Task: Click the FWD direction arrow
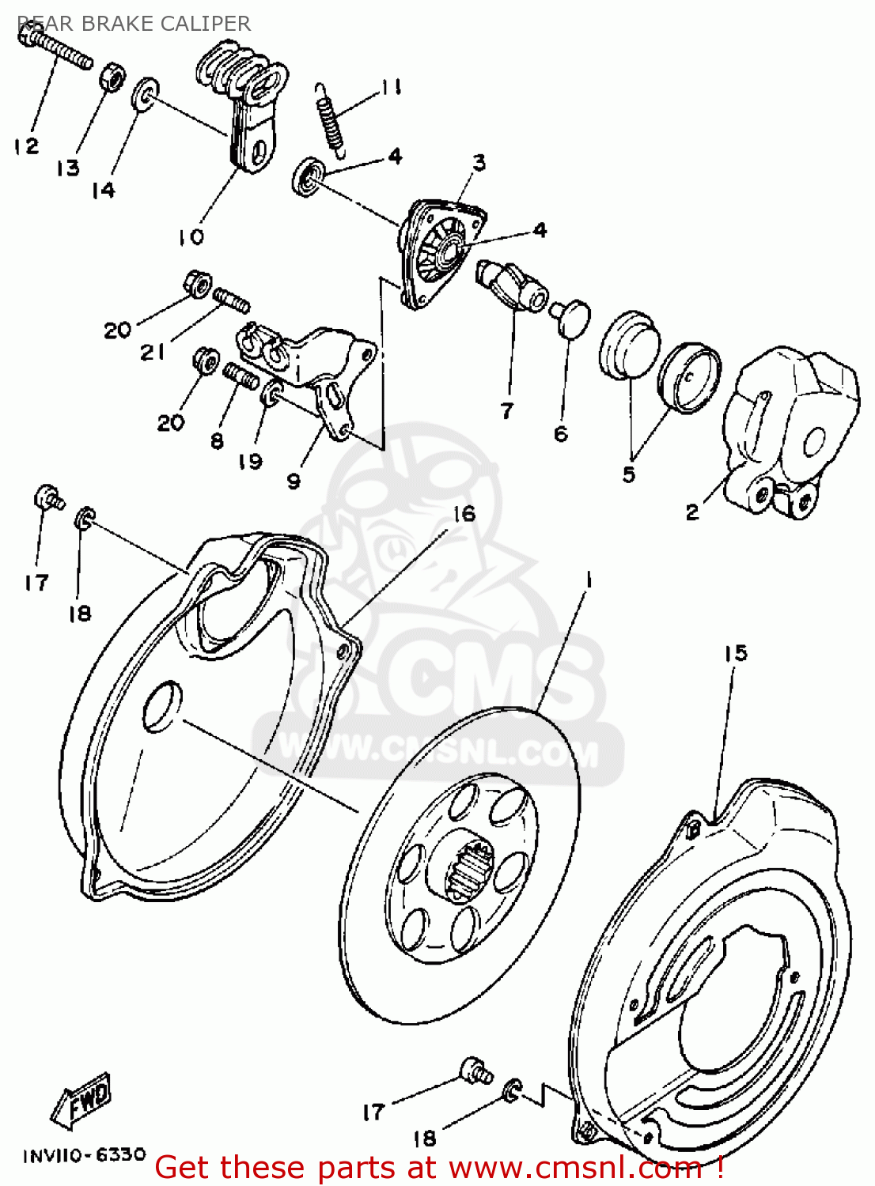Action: [81, 1101]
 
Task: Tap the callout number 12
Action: [25, 146]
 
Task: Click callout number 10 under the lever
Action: [191, 236]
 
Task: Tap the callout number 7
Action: [507, 410]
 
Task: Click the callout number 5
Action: [629, 474]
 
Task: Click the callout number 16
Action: [464, 514]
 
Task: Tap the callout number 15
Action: [735, 653]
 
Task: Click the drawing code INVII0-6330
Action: [84, 1155]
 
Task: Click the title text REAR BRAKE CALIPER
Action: [134, 24]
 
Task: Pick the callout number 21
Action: [152, 353]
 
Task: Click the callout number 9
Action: [294, 481]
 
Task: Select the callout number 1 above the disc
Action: [588, 581]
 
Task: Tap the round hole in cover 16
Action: [161, 704]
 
